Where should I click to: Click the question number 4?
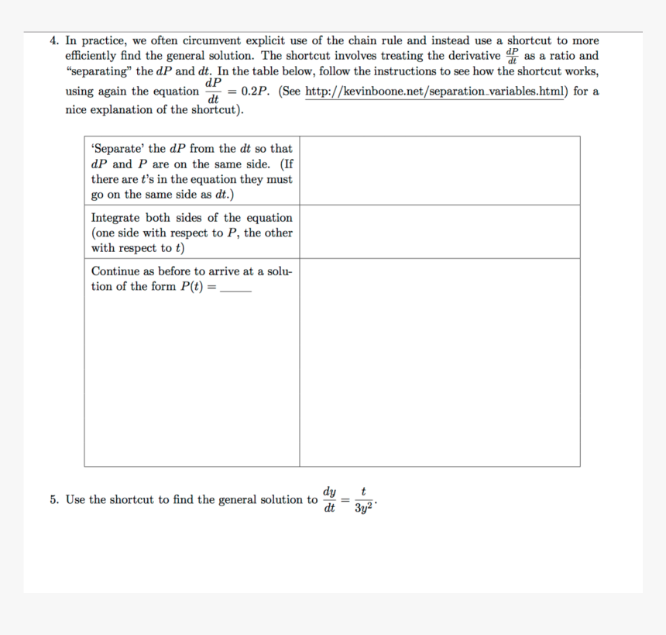click(53, 41)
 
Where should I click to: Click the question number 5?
click(53, 500)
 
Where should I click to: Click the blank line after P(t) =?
click(236, 288)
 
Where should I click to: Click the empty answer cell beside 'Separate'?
click(439, 171)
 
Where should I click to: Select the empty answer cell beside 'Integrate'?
click(439, 232)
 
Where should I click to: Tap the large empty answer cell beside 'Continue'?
click(439, 362)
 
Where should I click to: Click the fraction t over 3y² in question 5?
click(363, 500)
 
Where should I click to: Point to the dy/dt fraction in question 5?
click(330, 500)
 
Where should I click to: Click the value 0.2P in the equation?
click(255, 91)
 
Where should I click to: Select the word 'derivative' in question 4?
click(470, 56)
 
